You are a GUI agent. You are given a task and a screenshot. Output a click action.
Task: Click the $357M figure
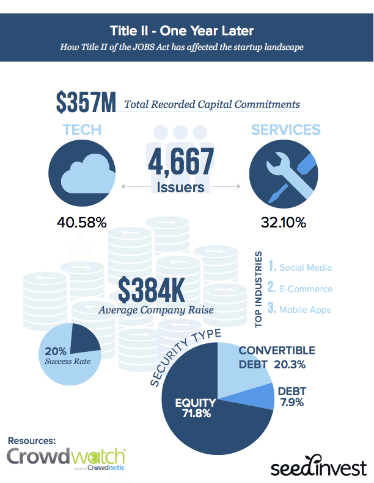(86, 102)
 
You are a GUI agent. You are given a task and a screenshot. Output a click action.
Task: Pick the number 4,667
(180, 162)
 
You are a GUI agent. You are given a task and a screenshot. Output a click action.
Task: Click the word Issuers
(180, 187)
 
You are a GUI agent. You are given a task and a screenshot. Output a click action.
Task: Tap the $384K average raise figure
(152, 290)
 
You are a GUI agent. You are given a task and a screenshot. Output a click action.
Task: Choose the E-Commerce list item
(300, 288)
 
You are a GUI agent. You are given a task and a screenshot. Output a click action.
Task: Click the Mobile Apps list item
(300, 309)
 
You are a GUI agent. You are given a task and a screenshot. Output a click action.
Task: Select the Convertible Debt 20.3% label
(276, 357)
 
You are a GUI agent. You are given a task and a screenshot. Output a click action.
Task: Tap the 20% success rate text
(58, 356)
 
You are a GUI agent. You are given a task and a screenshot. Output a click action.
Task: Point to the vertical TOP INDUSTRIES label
(259, 289)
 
